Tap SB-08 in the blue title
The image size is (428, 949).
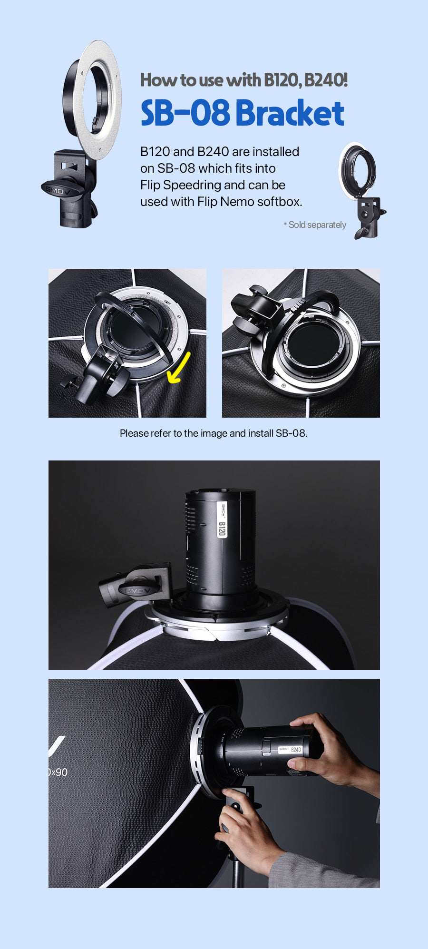pyautogui.click(x=185, y=113)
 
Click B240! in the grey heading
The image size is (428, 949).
pyautogui.click(x=326, y=79)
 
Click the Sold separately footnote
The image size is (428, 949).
pyautogui.click(x=315, y=225)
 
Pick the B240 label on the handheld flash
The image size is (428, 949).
pyautogui.click(x=296, y=750)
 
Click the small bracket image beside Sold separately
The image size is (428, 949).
pyautogui.click(x=362, y=190)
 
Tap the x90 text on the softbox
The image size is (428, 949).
pyautogui.click(x=58, y=772)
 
